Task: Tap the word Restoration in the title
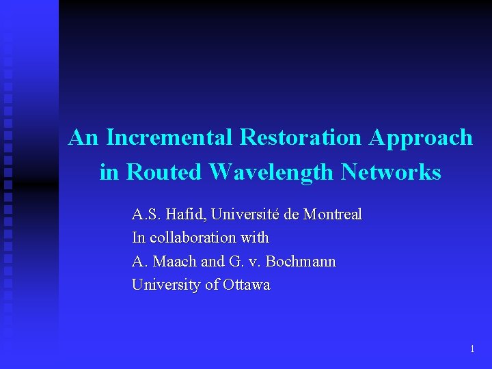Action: pyautogui.click(x=301, y=137)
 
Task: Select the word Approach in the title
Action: pyautogui.click(x=420, y=137)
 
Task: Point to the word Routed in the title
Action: pyautogui.click(x=164, y=172)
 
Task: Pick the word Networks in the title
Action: pyautogui.click(x=391, y=172)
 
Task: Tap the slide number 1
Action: pyautogui.click(x=472, y=349)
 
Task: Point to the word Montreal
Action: pyautogui.click(x=332, y=215)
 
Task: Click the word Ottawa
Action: pyautogui.click(x=246, y=285)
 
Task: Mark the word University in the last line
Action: pyautogui.click(x=166, y=285)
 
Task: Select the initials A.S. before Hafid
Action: pyautogui.click(x=146, y=215)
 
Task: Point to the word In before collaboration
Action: pyautogui.click(x=138, y=238)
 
